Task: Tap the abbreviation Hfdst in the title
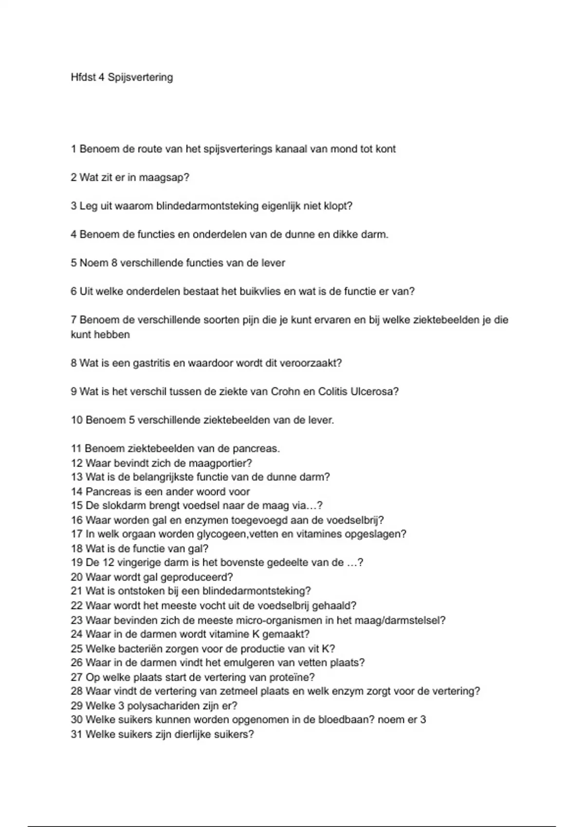click(x=83, y=77)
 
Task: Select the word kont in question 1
click(x=385, y=149)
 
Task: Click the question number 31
click(x=76, y=734)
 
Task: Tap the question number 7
click(x=74, y=320)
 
